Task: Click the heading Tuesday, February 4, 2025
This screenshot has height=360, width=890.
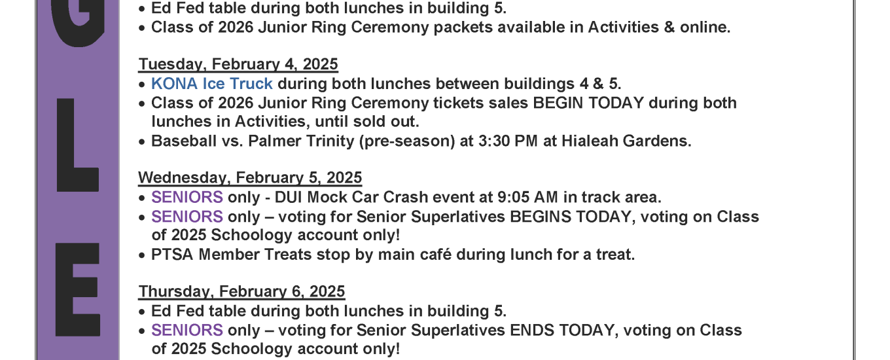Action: click(x=238, y=64)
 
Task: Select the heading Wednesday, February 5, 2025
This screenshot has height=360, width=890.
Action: click(x=250, y=177)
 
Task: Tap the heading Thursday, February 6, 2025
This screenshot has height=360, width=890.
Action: click(x=241, y=291)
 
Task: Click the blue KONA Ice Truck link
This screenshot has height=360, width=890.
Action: click(x=212, y=83)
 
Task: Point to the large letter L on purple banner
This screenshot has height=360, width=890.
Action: click(x=77, y=145)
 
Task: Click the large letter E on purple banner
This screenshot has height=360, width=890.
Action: click(x=77, y=290)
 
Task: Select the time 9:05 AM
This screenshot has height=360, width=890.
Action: click(x=528, y=197)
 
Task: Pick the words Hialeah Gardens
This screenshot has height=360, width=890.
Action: click(x=626, y=141)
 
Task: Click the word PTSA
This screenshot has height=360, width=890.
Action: click(x=172, y=255)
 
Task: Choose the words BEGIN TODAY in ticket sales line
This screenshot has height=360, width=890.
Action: click(x=588, y=103)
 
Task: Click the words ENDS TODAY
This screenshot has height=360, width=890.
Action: click(x=562, y=330)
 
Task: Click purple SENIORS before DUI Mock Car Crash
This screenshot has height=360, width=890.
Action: click(x=187, y=197)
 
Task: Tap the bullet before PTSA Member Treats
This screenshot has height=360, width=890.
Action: click(x=142, y=255)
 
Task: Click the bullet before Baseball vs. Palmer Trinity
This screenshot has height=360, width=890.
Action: click(x=142, y=142)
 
